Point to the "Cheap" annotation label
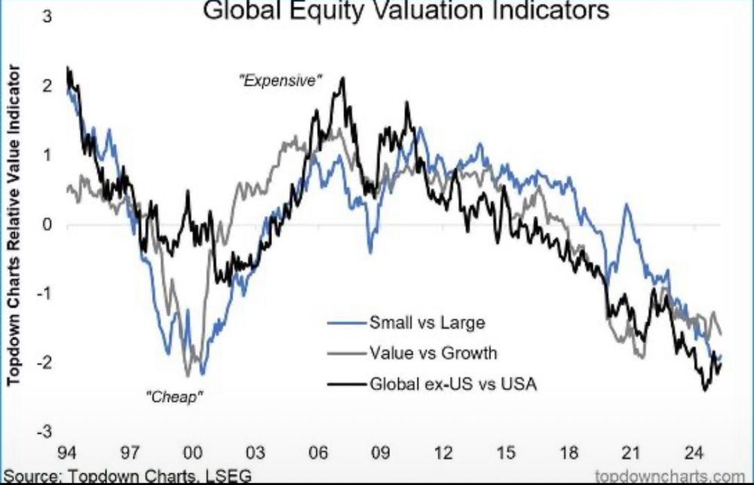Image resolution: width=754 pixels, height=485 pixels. [x=175, y=394]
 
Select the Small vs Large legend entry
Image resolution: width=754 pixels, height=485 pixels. [x=427, y=324]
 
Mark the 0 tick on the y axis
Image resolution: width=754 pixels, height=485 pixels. [x=48, y=225]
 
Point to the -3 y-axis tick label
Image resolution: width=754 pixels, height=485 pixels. [x=45, y=432]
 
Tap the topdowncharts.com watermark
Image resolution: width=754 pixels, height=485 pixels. [x=673, y=477]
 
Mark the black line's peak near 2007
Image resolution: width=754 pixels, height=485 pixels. [x=343, y=78]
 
